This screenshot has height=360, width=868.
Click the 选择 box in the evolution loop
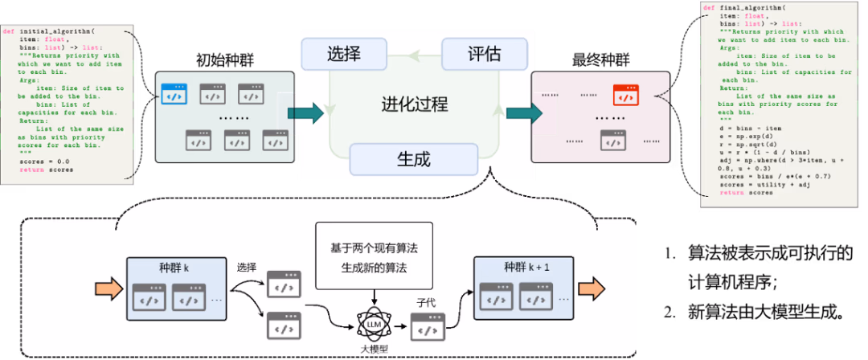pos(343,54)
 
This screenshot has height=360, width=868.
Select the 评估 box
pos(485,54)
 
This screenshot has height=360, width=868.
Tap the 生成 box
pos(414,158)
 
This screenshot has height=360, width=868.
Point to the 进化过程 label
pos(414,104)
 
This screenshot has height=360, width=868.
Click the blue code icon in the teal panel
pos(174,94)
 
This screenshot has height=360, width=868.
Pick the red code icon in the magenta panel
pos(625,94)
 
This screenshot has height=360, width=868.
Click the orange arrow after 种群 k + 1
pos(594,289)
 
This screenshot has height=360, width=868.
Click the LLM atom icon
pos(373,324)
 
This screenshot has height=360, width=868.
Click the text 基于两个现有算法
pos(374,248)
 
